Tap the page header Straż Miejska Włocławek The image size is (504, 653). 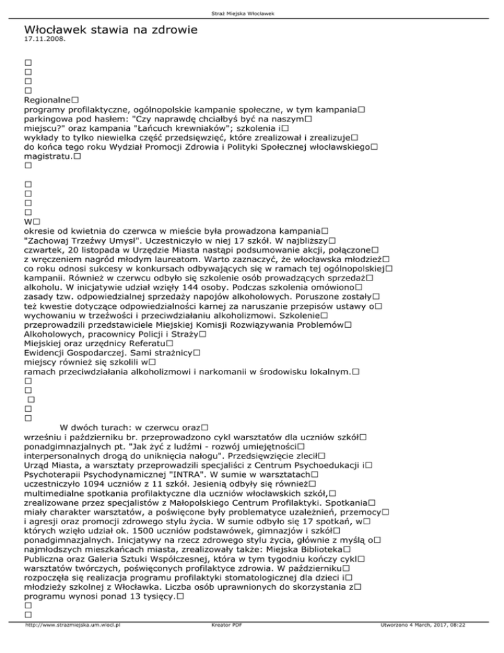click(x=252, y=13)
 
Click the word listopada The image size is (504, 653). click(x=97, y=252)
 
